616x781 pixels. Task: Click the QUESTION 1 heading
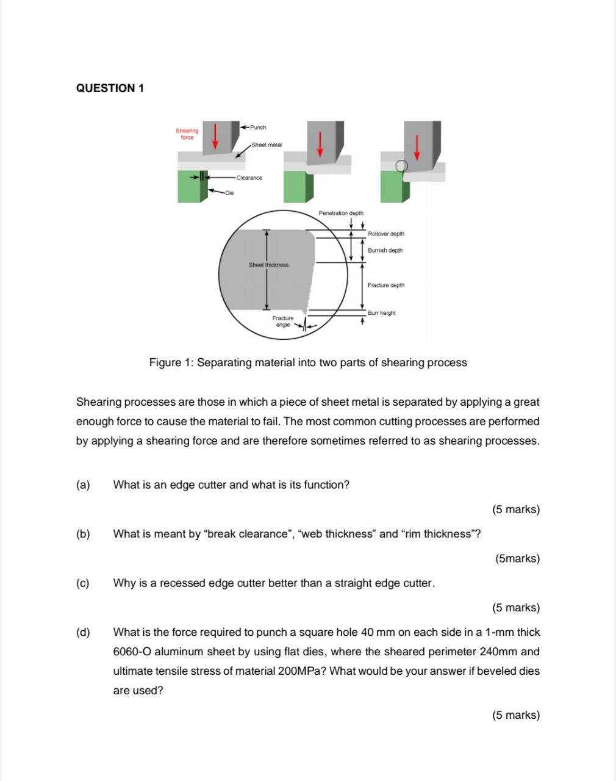tap(110, 88)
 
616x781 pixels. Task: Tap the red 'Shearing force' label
tap(187, 134)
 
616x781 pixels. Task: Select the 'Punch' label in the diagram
tap(258, 128)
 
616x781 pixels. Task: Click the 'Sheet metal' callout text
tap(267, 145)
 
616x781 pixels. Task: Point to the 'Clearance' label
tap(249, 178)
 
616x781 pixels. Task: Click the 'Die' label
tap(229, 193)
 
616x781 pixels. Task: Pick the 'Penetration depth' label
tap(341, 213)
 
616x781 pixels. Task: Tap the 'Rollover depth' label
tap(386, 234)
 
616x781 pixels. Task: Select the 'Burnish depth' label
tap(385, 250)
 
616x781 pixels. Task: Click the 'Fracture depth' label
tap(386, 285)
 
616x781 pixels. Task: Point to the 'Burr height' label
tap(382, 313)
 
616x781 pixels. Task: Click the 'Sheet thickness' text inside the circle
tap(268, 265)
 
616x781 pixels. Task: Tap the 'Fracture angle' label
tap(283, 322)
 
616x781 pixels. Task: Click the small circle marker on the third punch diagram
tap(401, 166)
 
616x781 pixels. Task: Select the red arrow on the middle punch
tap(319, 144)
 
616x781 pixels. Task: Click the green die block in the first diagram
tap(189, 186)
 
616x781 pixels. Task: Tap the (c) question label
tap(83, 583)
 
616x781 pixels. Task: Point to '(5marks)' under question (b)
tap(517, 558)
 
